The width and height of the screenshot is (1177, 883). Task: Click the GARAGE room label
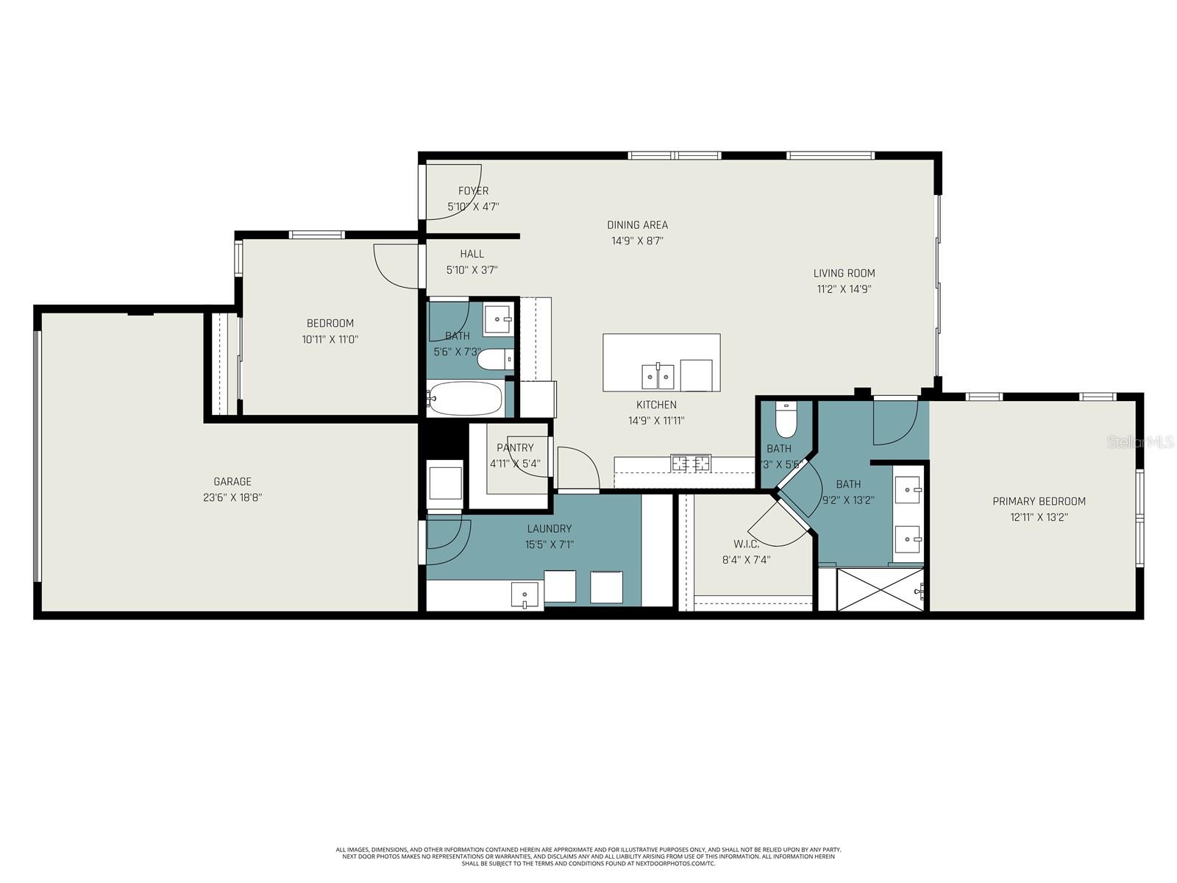pyautogui.click(x=232, y=481)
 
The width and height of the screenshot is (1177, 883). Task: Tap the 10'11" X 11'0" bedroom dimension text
pyautogui.click(x=330, y=339)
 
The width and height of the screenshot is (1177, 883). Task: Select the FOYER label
pyautogui.click(x=473, y=191)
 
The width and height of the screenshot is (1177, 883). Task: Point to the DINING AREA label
pyautogui.click(x=637, y=225)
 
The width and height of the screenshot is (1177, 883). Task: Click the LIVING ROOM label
pyautogui.click(x=844, y=273)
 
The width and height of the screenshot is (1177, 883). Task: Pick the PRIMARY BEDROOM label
pyautogui.click(x=1039, y=501)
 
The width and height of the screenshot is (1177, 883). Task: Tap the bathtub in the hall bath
pyautogui.click(x=465, y=399)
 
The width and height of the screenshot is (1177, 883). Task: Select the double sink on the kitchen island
pyautogui.click(x=658, y=376)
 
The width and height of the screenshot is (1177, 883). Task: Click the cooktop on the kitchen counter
pyautogui.click(x=691, y=463)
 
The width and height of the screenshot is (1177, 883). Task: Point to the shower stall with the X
pyautogui.click(x=881, y=589)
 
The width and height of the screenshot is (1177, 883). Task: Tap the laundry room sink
pyautogui.click(x=524, y=595)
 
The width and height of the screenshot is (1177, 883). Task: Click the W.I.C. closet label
pyautogui.click(x=746, y=544)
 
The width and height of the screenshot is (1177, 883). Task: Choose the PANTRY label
pyautogui.click(x=515, y=447)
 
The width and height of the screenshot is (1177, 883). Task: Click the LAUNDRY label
pyautogui.click(x=549, y=528)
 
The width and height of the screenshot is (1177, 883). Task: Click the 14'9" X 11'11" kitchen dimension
pyautogui.click(x=656, y=421)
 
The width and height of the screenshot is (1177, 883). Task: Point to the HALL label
pyautogui.click(x=472, y=254)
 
